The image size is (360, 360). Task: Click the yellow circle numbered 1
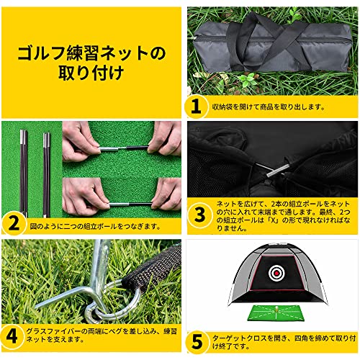tap(195, 107)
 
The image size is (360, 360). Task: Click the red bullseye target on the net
tap(275, 273)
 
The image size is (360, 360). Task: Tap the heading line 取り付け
tap(90, 73)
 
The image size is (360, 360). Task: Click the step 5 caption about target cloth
tap(281, 338)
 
